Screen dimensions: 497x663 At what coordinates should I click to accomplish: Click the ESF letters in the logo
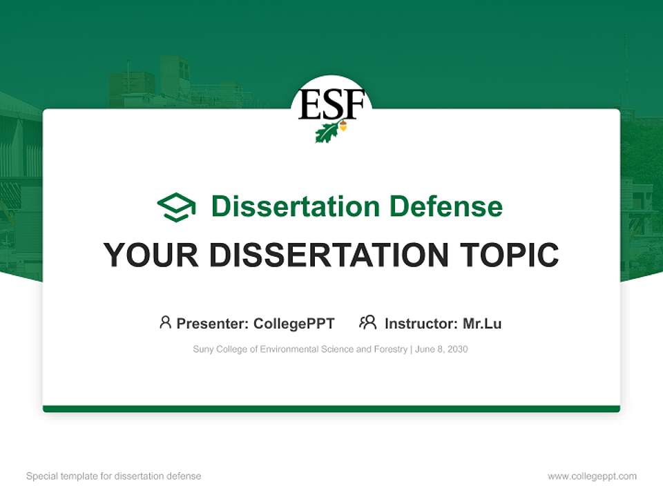point(331,106)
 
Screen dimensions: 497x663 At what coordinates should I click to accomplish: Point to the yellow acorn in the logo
point(343,126)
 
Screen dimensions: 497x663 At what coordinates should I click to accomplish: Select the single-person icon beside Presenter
point(165,322)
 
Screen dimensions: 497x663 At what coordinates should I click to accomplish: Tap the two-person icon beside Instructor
point(367,322)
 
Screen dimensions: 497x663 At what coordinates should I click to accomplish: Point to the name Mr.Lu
point(482,324)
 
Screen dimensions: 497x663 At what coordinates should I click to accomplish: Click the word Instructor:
point(421,324)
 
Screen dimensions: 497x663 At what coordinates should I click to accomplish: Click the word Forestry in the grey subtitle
point(391,349)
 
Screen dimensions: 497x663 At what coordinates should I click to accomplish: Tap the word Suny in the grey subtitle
point(203,349)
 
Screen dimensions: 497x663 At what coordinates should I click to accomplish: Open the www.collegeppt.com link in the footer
point(592,476)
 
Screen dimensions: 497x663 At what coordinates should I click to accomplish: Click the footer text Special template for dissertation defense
point(114,476)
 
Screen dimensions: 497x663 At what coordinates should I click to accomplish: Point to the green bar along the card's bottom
point(331,409)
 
